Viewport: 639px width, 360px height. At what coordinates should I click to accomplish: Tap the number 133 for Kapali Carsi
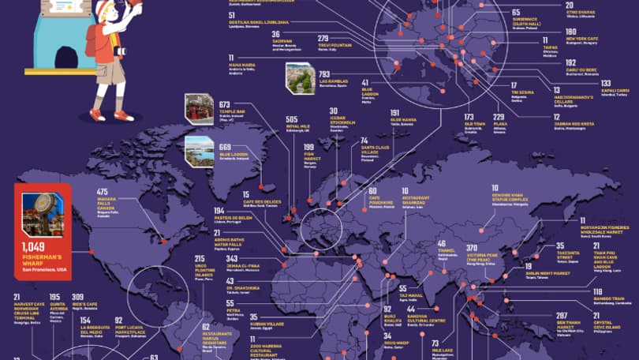605,83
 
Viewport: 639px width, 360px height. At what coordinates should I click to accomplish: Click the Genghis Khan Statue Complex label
511,193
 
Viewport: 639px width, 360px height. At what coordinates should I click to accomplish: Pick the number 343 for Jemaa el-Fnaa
232,258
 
